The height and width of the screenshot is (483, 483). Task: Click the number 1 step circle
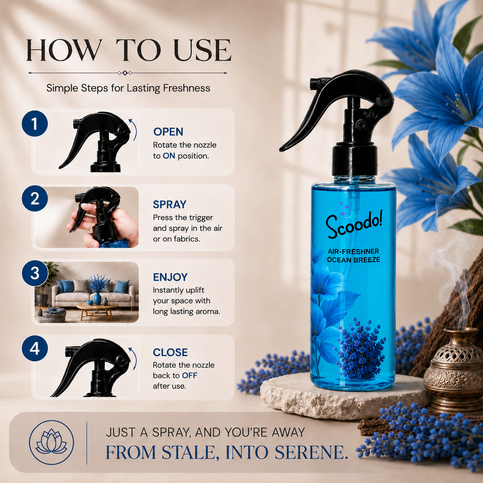click(35, 124)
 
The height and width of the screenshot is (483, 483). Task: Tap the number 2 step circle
click(35, 198)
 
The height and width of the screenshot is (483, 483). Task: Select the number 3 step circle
click(35, 273)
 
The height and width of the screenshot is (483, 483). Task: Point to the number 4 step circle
click(35, 348)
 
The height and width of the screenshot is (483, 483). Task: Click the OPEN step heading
click(168, 132)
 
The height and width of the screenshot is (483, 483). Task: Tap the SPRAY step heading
click(170, 204)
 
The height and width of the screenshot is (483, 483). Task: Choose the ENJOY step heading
click(170, 277)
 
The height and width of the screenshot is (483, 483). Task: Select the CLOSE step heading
click(170, 352)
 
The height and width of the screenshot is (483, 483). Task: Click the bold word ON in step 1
click(169, 156)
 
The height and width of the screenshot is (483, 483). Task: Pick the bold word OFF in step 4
click(190, 375)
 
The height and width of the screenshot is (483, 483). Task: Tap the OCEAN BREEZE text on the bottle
click(354, 260)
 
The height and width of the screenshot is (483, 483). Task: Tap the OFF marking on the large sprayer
click(370, 115)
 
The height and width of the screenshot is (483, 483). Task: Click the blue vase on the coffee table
click(97, 298)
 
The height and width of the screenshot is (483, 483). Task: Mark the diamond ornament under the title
click(125, 73)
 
